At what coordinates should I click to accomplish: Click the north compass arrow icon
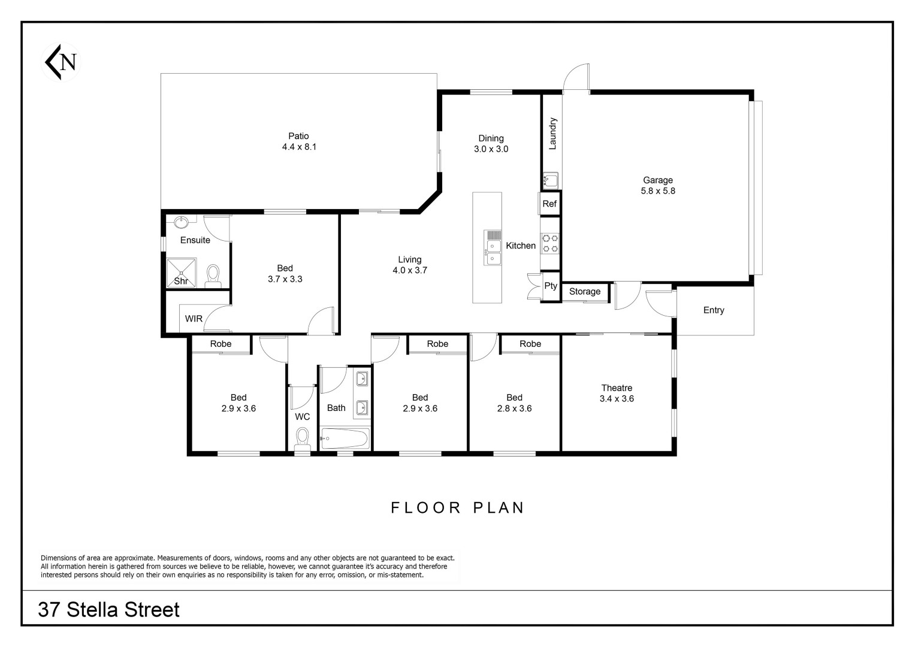[x=61, y=62]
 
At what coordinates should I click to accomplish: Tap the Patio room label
[x=298, y=136]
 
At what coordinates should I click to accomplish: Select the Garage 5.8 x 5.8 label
[x=658, y=186]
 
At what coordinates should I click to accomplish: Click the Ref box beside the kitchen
[x=549, y=204]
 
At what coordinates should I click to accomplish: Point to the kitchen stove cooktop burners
[x=550, y=243]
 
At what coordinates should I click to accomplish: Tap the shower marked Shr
[x=182, y=273]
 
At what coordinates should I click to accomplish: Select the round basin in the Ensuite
[x=181, y=222]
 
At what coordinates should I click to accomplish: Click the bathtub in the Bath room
[x=345, y=439]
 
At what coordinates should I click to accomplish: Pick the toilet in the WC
[x=302, y=440]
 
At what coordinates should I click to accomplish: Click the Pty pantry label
[x=551, y=286]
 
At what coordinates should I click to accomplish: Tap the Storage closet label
[x=585, y=291]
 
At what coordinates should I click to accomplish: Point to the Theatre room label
[x=617, y=388]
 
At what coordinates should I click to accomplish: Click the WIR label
[x=194, y=319]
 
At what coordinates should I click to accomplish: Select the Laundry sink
[x=550, y=180]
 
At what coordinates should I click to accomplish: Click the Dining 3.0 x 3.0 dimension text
[x=491, y=149]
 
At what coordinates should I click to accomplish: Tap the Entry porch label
[x=714, y=310]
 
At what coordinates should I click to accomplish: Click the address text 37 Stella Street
[x=108, y=610]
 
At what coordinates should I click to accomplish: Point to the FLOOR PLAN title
[x=457, y=508]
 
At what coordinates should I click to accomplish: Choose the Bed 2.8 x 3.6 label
[x=514, y=403]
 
